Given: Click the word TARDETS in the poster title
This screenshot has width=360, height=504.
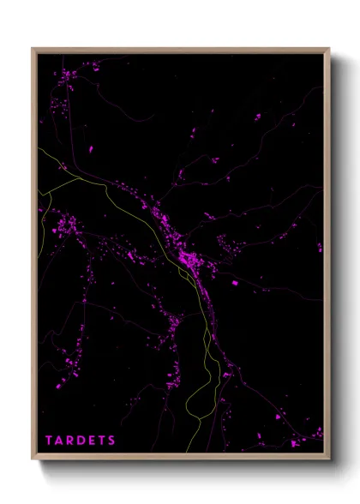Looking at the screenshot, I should pos(81,441).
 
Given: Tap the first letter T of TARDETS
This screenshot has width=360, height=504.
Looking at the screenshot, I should pos(49,441).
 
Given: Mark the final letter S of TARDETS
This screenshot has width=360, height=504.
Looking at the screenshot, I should pos(112,441).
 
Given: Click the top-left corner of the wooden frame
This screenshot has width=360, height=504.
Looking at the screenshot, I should pos(33,49).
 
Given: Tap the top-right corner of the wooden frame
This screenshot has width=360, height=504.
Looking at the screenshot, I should pos(328,49).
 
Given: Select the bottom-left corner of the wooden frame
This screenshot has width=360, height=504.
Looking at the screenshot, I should pos(33,459).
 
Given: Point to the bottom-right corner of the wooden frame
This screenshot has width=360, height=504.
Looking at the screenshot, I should pos(328,459).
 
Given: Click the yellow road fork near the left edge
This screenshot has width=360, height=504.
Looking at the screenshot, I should pos(51,190).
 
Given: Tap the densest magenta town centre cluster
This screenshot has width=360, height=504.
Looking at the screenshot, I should pos(187,257).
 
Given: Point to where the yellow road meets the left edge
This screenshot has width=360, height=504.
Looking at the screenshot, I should pos(39,151).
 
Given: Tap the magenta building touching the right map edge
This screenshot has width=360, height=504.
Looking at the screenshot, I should pos(321,248).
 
